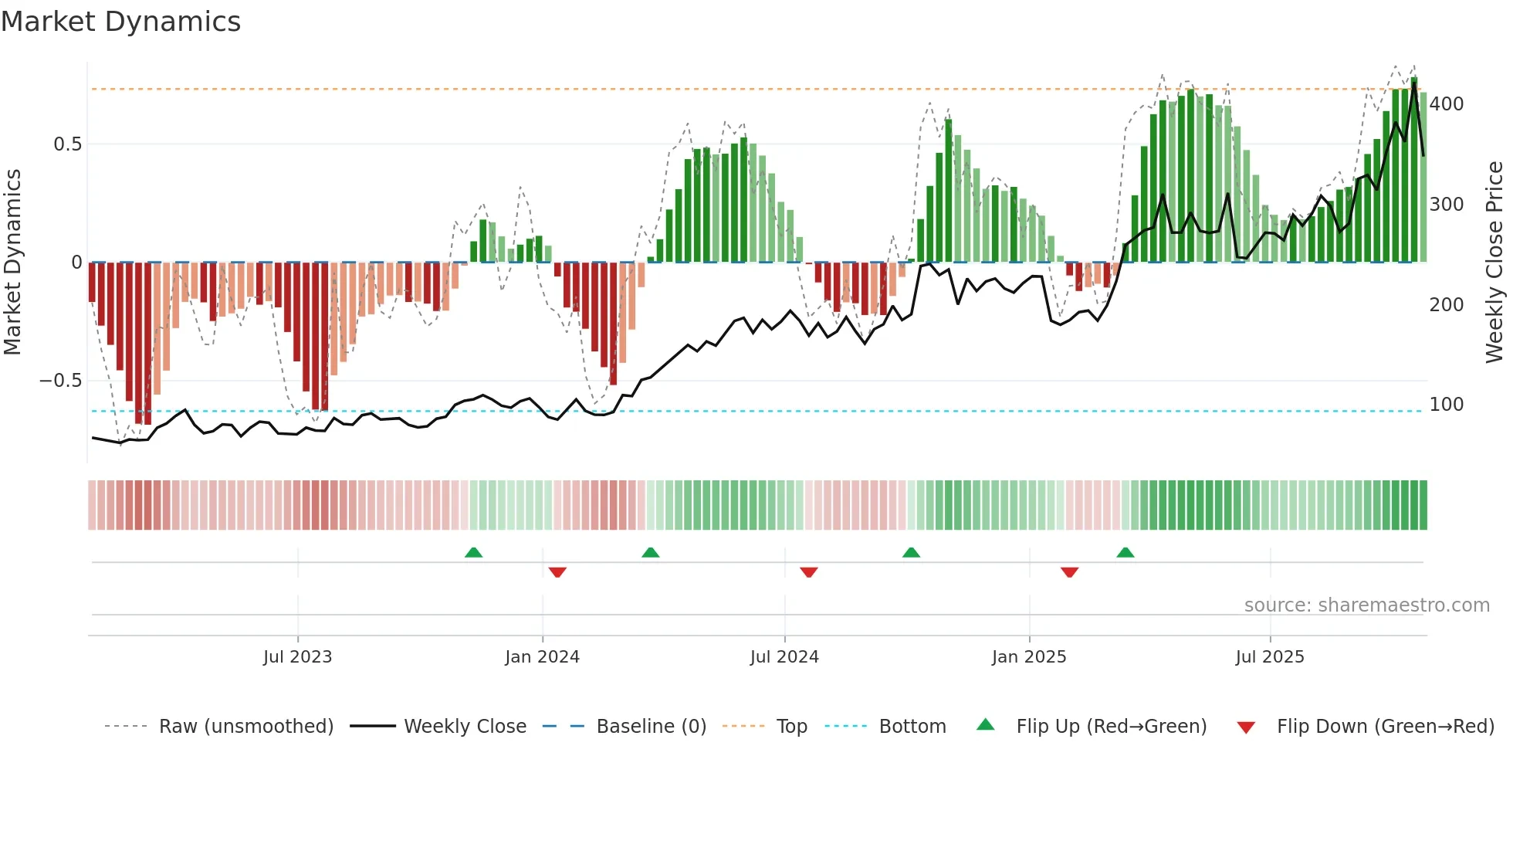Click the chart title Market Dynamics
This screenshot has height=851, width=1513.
tap(120, 22)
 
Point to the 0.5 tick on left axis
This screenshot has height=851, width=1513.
tap(67, 144)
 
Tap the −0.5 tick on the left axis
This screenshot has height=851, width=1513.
tap(60, 381)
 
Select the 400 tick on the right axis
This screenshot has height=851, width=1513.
tap(1447, 104)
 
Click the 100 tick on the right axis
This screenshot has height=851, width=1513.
tap(1447, 405)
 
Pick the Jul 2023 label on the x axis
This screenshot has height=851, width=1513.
tap(297, 657)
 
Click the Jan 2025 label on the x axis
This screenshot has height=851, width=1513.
tap(1029, 657)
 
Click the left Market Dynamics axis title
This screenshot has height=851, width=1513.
tap(12, 263)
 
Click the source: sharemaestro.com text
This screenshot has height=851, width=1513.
tap(1366, 605)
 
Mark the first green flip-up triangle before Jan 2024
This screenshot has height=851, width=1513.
tap(473, 552)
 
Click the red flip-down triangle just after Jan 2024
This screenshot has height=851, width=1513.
tap(557, 572)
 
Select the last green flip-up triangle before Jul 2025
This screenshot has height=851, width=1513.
tap(1125, 552)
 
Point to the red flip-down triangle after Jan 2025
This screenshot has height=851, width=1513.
tap(1069, 572)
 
